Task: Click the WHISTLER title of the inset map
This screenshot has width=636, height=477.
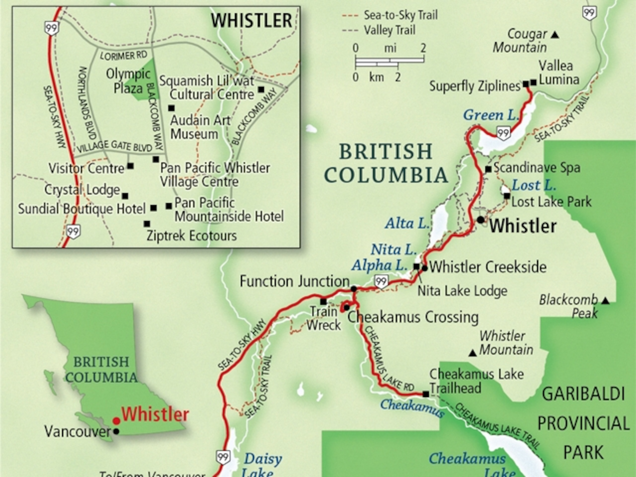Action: pyautogui.click(x=251, y=20)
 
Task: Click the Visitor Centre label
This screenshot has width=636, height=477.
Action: pyautogui.click(x=86, y=168)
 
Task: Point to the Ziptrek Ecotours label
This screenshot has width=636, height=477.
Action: pyautogui.click(x=192, y=236)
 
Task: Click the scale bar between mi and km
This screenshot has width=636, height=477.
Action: pyautogui.click(x=390, y=62)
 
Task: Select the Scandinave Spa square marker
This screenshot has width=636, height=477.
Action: pyautogui.click(x=488, y=169)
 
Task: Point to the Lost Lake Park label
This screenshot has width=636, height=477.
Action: pyautogui.click(x=551, y=202)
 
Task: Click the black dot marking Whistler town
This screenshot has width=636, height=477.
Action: pyautogui.click(x=481, y=220)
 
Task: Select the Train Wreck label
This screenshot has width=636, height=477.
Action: pyautogui.click(x=323, y=318)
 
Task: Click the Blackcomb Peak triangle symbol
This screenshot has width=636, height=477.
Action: pyautogui.click(x=606, y=301)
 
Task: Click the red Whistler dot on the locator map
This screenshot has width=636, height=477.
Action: pyautogui.click(x=116, y=421)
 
